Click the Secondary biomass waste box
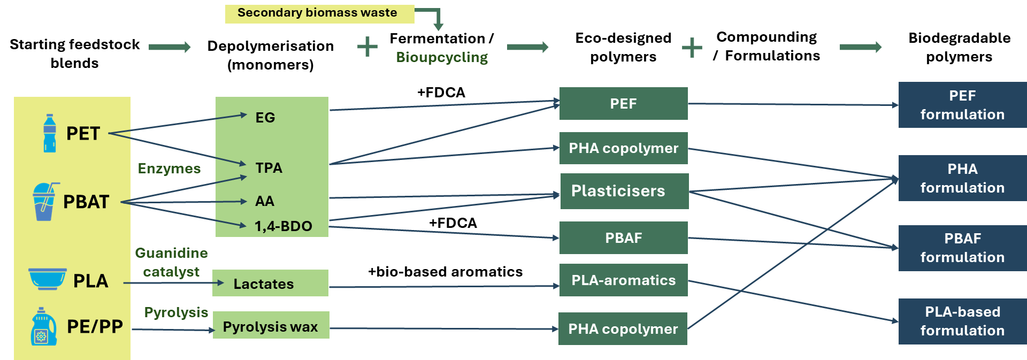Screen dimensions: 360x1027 point(319,14)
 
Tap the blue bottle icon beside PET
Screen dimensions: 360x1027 point(50,133)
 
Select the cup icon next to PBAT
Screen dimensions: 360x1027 point(45,202)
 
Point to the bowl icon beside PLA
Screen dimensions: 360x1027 point(48,279)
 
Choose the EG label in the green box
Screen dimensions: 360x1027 point(265,118)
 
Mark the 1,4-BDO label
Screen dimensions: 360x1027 point(283,226)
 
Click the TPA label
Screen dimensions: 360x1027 point(269,168)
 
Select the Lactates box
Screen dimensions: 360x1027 point(271,283)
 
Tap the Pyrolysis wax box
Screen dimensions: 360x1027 point(271,326)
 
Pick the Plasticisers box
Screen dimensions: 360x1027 point(624,191)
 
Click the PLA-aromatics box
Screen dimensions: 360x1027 point(623,280)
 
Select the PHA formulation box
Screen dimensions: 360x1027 point(962,178)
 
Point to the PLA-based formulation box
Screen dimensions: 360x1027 point(962,321)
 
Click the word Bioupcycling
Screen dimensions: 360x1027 point(442,57)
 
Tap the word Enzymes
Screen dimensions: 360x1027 point(169,168)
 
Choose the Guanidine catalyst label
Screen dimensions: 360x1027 point(171,262)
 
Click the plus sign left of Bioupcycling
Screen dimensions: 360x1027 point(367,47)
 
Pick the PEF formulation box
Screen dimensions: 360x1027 point(962,105)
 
